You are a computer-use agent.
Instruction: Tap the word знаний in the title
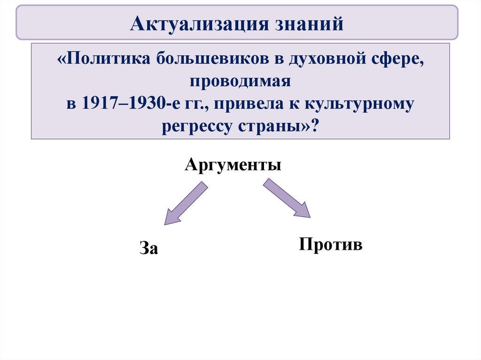309,23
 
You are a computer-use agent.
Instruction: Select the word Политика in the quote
109,58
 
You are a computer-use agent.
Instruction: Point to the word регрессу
196,127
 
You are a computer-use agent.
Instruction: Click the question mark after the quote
315,125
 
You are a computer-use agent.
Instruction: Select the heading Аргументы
233,165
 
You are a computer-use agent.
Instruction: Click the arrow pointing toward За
186,203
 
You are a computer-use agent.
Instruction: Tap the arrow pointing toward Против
287,198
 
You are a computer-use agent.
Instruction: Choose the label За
149,248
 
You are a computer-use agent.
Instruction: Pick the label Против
331,245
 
